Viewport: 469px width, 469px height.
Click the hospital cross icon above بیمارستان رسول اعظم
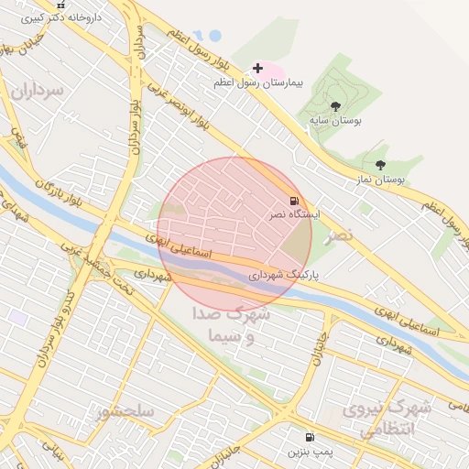click(x=258, y=68)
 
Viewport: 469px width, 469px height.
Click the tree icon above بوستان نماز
click(x=380, y=165)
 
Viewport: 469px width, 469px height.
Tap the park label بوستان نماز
click(x=383, y=180)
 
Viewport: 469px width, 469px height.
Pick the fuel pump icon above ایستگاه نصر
click(x=293, y=200)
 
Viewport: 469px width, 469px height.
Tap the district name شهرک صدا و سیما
click(x=229, y=325)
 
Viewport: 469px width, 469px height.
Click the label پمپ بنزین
click(x=309, y=453)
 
